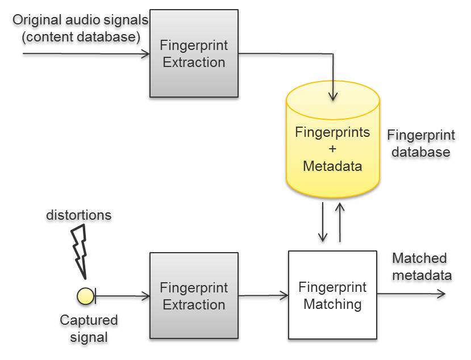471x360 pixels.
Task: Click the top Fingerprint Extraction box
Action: coord(194,53)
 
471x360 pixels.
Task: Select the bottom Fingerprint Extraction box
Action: coord(194,296)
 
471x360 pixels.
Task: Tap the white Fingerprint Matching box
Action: coord(332,295)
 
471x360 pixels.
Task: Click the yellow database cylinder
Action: coord(333,140)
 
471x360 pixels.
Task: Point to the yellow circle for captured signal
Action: coord(85,296)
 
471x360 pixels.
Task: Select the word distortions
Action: coord(79,215)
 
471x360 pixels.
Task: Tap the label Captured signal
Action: coord(89,328)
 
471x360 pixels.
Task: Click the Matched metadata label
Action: coord(422,267)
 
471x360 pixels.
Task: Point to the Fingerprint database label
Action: coord(421,144)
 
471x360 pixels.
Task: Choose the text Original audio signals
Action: coord(80,20)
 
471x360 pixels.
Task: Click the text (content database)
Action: coord(81,37)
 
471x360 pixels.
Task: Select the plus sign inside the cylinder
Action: coord(332,149)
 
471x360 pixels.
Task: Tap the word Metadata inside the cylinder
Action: coord(332,166)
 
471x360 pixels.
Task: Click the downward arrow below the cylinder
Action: coord(323,222)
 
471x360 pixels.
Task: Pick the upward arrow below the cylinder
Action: coord(340,222)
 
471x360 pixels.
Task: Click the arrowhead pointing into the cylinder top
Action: coord(333,97)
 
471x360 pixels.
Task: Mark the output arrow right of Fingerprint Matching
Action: coord(411,294)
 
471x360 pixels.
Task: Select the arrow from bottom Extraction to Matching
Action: coord(264,295)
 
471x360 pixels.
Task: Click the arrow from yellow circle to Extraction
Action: coord(122,296)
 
